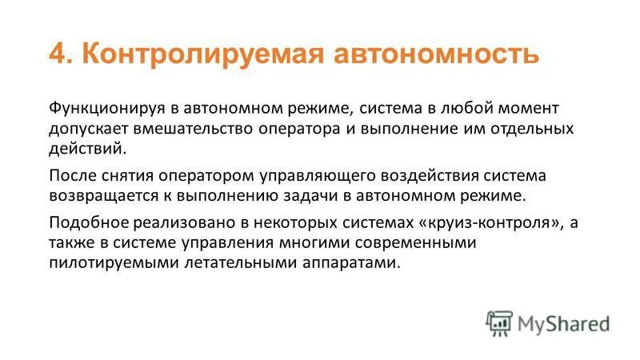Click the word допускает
click(88, 128)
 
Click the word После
click(71, 175)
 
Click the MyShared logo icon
click(499, 322)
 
